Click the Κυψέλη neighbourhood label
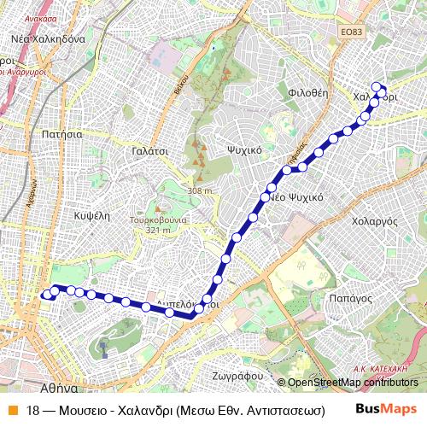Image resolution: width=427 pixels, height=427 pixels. click(x=92, y=215)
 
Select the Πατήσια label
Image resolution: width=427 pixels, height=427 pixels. click(x=61, y=134)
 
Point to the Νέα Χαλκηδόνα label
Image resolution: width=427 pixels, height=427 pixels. click(x=48, y=39)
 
